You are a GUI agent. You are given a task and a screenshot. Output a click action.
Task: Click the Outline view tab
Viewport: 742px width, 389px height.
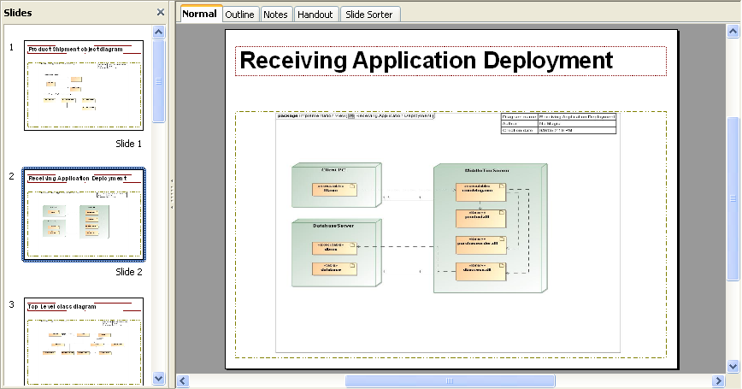tap(240, 15)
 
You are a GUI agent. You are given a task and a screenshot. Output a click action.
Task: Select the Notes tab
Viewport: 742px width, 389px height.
tap(275, 15)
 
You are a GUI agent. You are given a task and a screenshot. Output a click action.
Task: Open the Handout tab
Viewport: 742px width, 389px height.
tap(315, 15)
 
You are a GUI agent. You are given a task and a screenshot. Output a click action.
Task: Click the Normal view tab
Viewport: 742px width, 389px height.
tap(199, 14)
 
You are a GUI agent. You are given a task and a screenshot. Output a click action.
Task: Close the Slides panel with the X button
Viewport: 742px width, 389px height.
tap(161, 12)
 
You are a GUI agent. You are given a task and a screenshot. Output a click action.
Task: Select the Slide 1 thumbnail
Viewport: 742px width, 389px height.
tap(84, 85)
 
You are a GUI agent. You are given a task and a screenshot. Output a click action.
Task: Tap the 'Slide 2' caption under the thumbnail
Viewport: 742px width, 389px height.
tap(128, 272)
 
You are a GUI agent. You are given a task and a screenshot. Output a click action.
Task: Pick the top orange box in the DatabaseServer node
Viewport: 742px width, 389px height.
tap(334, 248)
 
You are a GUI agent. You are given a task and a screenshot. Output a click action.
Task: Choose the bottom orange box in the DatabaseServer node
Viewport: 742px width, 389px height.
tap(334, 268)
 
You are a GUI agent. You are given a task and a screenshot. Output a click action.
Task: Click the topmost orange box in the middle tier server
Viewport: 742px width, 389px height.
tap(480, 192)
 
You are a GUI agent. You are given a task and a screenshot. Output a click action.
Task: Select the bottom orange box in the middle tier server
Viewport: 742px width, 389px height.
tap(480, 271)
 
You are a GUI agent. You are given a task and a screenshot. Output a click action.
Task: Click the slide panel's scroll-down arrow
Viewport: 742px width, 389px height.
tap(159, 377)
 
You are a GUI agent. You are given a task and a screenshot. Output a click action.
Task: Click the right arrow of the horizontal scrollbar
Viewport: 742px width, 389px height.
tap(718, 380)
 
